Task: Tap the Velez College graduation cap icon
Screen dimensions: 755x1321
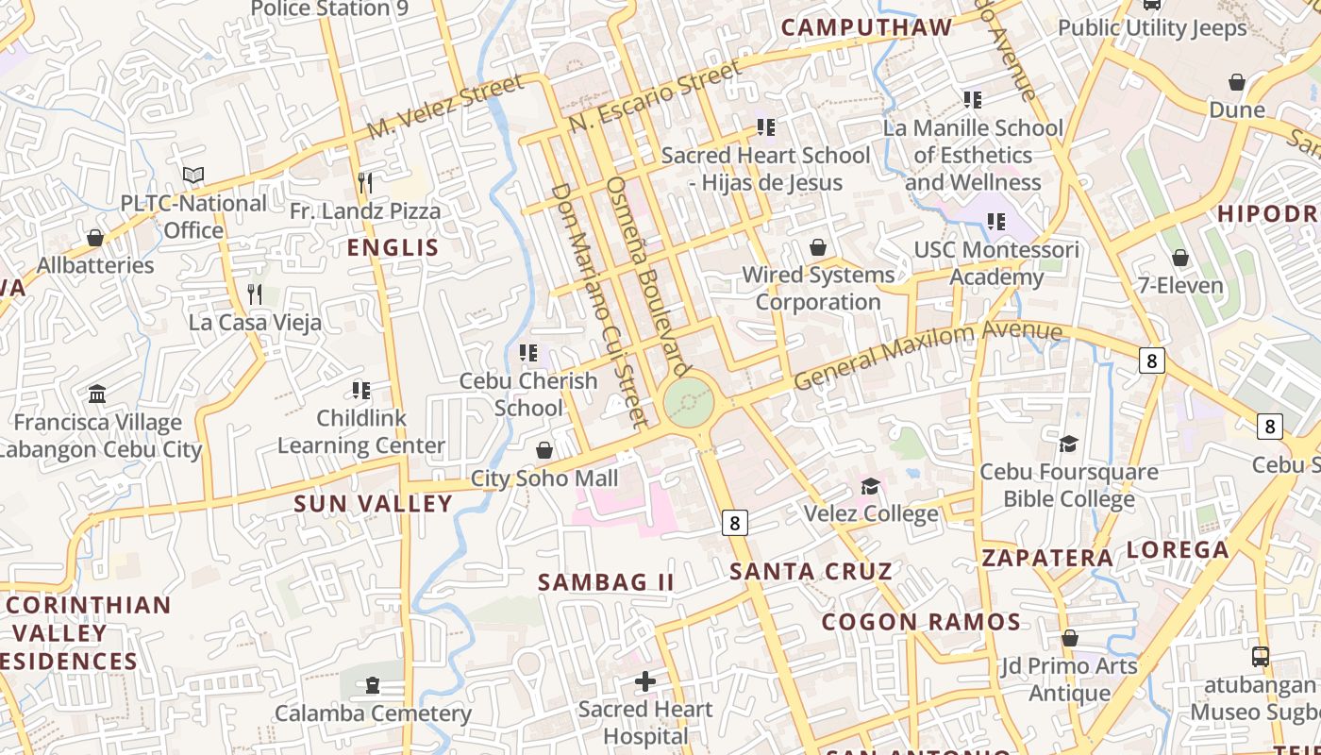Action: pyautogui.click(x=870, y=486)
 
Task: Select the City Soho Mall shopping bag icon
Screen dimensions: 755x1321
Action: pyautogui.click(x=544, y=450)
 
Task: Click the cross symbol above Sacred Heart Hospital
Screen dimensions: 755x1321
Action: pyautogui.click(x=645, y=680)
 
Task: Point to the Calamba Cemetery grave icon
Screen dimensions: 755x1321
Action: pyautogui.click(x=373, y=685)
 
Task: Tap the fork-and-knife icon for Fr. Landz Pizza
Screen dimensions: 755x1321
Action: pyautogui.click(x=365, y=182)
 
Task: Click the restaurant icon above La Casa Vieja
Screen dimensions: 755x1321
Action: pyautogui.click(x=254, y=294)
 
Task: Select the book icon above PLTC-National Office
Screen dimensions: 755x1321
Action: pyautogui.click(x=193, y=175)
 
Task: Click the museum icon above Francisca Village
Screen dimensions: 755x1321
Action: pyautogui.click(x=97, y=394)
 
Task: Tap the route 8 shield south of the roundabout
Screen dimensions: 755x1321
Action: pyautogui.click(x=735, y=522)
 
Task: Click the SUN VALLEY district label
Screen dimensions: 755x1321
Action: pyautogui.click(x=374, y=504)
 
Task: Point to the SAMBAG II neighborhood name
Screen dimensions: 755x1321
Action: pyautogui.click(x=606, y=582)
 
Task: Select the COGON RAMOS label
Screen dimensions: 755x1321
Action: pyautogui.click(x=921, y=622)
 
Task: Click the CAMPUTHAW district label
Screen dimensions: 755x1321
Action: pyautogui.click(x=866, y=27)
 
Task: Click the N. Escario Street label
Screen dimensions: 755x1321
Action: pyautogui.click(x=656, y=96)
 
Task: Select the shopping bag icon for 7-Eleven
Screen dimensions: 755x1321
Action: pyautogui.click(x=1180, y=258)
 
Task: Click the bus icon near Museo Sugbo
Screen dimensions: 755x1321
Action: pyautogui.click(x=1261, y=656)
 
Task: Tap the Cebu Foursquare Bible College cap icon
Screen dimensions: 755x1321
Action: pyautogui.click(x=1069, y=444)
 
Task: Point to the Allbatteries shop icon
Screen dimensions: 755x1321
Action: pyautogui.click(x=95, y=238)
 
